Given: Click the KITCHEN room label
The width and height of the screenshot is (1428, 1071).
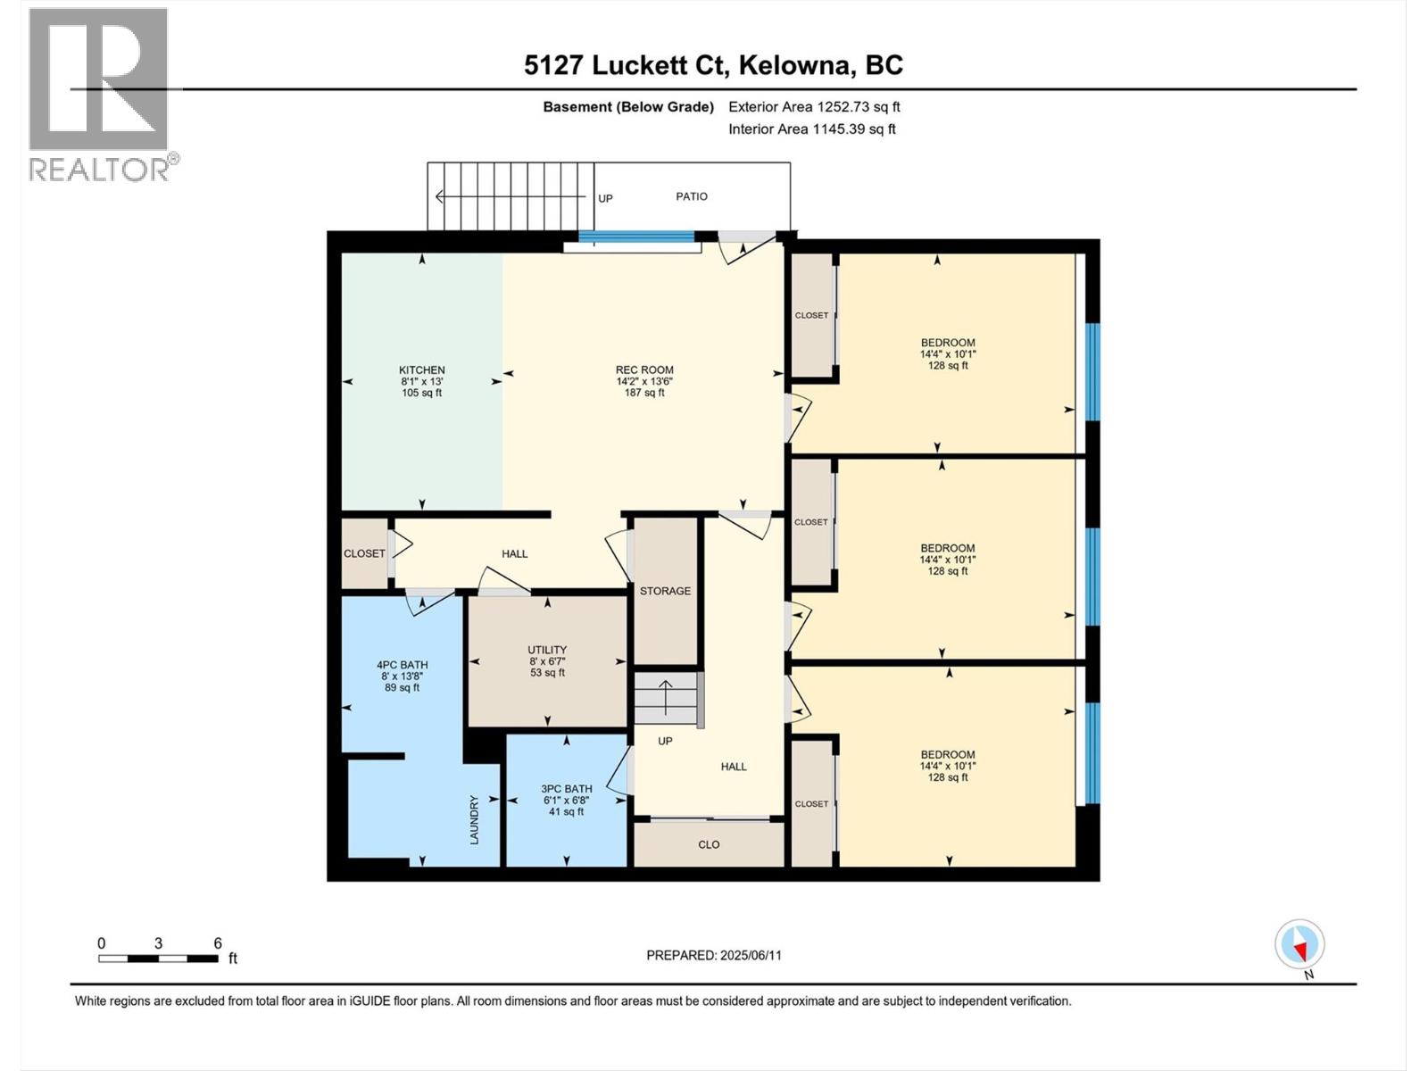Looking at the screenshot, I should coord(421,370).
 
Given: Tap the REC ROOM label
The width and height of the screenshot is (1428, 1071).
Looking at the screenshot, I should coord(644,370).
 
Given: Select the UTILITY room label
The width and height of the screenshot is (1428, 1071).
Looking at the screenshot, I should coord(547,651).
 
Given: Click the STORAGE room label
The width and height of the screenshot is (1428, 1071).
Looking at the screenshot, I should coord(665,591).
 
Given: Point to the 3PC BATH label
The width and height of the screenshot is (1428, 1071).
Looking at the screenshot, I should coord(567,789).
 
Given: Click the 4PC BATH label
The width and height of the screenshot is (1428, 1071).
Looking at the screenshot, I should coord(402,665).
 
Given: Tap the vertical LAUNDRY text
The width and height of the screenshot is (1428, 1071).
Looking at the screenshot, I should coord(474,820).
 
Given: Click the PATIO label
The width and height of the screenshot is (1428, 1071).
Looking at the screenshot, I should coord(692,196).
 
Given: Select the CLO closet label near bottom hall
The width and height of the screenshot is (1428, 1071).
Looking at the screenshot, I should coord(709,844).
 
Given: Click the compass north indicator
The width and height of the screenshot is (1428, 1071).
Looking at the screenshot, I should coord(1300,945).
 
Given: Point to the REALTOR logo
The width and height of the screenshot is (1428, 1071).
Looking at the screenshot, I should coord(100,94).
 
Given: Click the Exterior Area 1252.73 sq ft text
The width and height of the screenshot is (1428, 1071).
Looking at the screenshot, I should coord(814,107).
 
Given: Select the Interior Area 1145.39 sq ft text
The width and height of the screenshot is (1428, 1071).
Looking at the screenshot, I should coord(812,129).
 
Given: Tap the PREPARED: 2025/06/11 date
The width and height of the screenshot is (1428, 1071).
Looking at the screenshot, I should coord(714,955).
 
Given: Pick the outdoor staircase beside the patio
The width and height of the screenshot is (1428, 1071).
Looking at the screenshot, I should coord(511,196).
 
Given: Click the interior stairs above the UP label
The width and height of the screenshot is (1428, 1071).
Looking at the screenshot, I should coord(667,699).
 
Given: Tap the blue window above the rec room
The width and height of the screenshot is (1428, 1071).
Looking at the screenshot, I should coord(635,237).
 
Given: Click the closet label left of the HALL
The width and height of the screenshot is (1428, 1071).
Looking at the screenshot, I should coord(364,553).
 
